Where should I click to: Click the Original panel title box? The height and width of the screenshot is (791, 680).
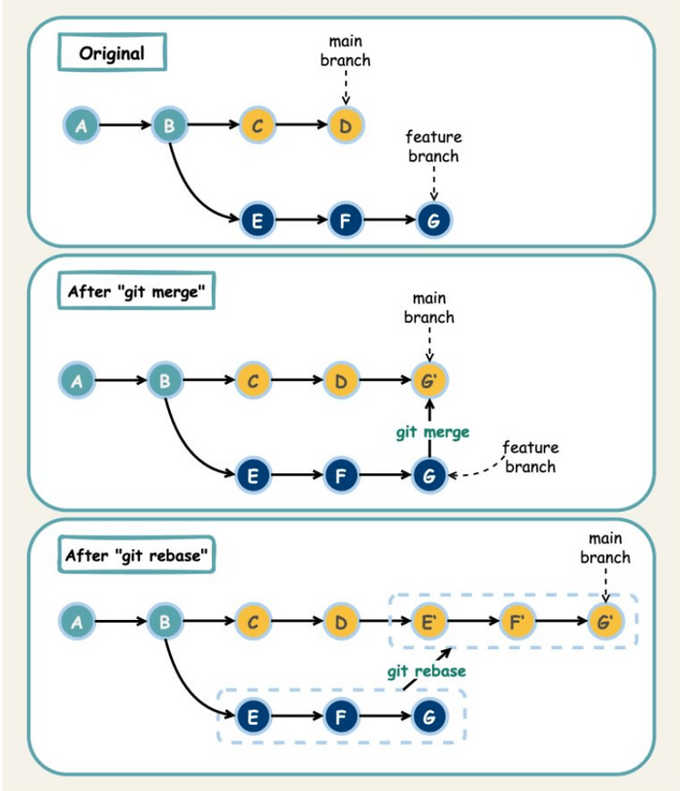coord(111,52)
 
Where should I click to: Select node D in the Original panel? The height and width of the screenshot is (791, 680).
coord(343,125)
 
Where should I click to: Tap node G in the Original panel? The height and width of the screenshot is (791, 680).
coord(433,221)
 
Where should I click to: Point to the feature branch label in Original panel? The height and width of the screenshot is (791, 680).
coord(433,147)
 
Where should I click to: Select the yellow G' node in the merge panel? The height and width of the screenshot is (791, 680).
coord(429,381)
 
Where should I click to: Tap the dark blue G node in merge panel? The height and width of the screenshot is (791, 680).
coord(428,476)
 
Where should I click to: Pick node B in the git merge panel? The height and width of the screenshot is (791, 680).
coord(165,381)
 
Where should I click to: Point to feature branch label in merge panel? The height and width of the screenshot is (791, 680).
coord(529,457)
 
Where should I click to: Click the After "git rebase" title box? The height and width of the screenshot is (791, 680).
coord(138,557)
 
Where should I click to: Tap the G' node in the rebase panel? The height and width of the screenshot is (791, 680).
coord(604,621)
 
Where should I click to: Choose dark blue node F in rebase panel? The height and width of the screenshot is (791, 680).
coord(339,718)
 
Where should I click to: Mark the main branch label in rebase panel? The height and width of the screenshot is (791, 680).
coord(604,548)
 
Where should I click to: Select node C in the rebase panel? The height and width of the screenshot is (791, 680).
coord(252,621)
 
